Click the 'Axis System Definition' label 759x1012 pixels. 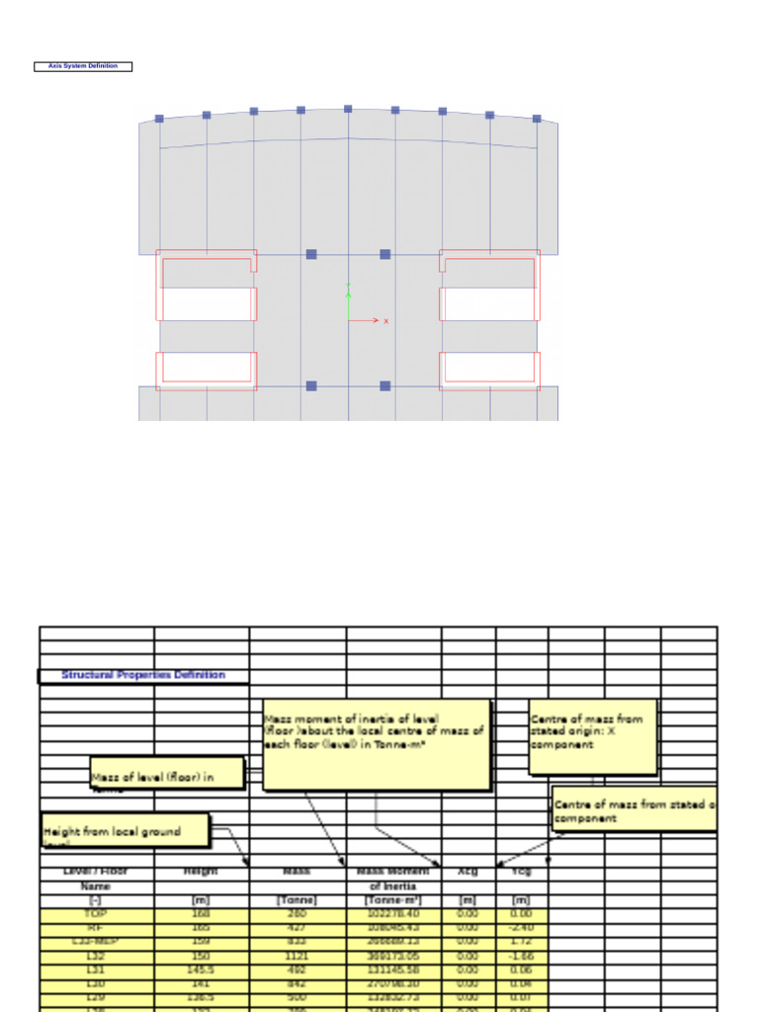[x=83, y=66]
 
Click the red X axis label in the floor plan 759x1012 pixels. [x=385, y=321]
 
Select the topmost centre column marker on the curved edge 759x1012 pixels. [x=348, y=109]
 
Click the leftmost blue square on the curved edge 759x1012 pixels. [x=159, y=119]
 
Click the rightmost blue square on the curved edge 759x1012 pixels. [x=537, y=119]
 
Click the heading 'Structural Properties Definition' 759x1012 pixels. [x=143, y=675]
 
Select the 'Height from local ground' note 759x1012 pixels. [x=126, y=831]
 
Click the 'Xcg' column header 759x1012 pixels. [x=467, y=872]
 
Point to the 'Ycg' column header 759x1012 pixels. [x=522, y=872]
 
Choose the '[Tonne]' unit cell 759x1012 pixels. [x=296, y=900]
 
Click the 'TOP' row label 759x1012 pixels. [x=96, y=914]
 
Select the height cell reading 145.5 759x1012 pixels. [x=201, y=970]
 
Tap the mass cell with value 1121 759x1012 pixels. [x=296, y=956]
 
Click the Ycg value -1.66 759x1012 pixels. [x=522, y=956]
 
